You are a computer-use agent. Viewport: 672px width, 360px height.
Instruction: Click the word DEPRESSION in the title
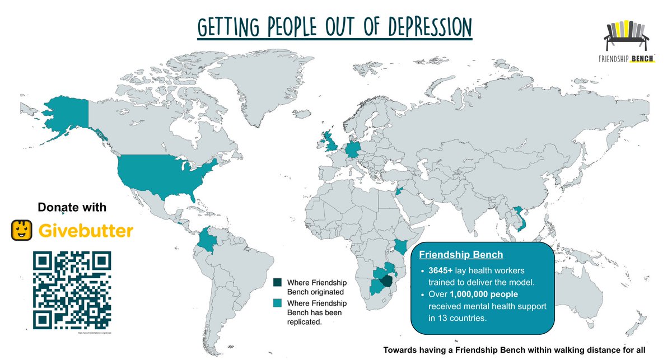(421, 27)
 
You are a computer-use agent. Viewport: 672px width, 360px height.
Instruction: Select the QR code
(72, 289)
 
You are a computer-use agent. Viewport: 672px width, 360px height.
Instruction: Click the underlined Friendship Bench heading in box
(461, 255)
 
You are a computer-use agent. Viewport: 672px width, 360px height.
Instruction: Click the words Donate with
(72, 208)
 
